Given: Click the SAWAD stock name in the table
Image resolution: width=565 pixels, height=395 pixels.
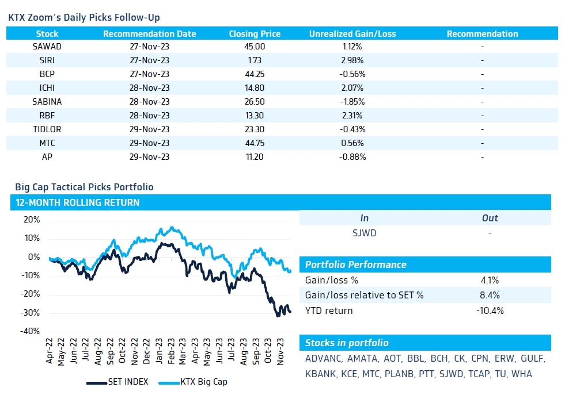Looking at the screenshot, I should (47, 47).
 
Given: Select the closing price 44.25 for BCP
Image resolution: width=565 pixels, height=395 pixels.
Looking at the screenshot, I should (255, 74).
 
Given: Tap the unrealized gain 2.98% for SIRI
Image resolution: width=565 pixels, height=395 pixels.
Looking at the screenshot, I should (352, 60).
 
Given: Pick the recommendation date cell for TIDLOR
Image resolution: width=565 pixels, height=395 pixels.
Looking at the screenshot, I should (149, 129).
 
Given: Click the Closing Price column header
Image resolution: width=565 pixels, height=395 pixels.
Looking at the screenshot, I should (255, 34).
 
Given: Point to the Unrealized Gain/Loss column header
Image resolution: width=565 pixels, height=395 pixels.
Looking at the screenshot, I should (352, 34).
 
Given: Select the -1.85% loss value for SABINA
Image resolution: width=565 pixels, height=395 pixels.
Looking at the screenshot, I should (352, 102).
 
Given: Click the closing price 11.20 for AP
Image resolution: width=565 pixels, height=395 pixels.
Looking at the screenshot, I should (255, 157).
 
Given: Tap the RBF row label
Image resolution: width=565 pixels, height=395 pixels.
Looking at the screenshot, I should (47, 116).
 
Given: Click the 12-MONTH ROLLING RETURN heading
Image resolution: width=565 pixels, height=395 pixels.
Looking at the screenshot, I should (78, 202).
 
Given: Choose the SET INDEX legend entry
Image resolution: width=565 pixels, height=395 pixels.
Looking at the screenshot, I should (117, 382).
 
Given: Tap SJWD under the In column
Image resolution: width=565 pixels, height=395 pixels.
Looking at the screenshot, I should (364, 233).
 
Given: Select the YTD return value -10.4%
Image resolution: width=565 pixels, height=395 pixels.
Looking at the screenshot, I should (490, 310).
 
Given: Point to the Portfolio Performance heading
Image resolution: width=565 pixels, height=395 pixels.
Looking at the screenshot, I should (355, 265).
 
